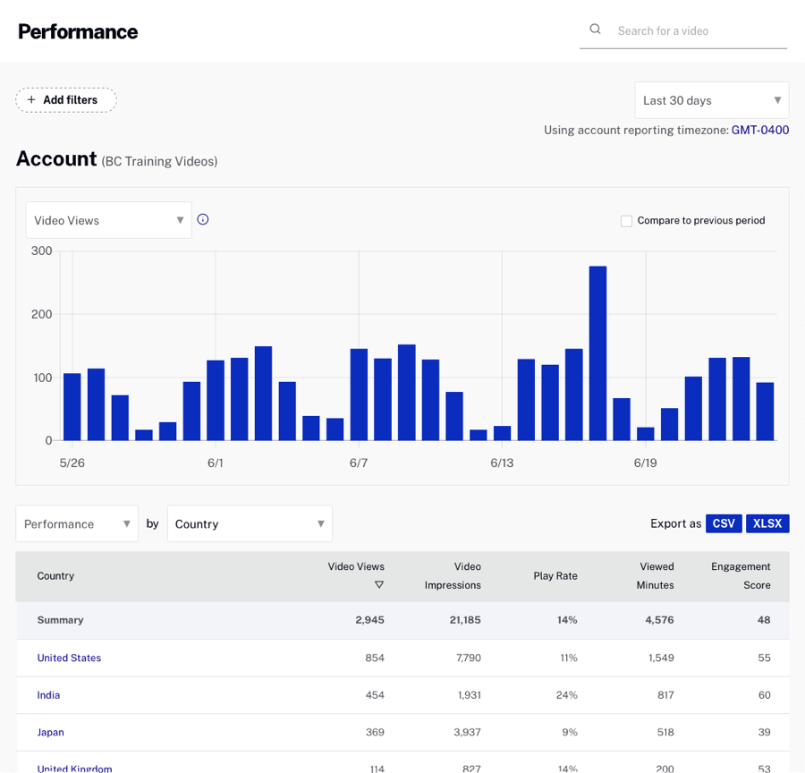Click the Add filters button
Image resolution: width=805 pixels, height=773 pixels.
click(66, 100)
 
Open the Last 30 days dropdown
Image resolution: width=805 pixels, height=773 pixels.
click(711, 100)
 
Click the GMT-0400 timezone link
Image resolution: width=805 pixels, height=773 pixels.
click(759, 130)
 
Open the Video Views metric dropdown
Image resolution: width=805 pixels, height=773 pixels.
click(108, 220)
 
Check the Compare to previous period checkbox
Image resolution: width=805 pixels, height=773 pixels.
click(626, 221)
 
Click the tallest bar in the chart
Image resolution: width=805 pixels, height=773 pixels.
click(597, 353)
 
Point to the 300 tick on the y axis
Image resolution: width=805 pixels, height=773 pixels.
click(41, 251)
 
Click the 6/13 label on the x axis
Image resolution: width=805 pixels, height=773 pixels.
click(502, 463)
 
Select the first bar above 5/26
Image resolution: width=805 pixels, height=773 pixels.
click(72, 407)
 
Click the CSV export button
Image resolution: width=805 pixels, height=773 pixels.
click(724, 523)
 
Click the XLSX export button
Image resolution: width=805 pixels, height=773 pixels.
click(767, 523)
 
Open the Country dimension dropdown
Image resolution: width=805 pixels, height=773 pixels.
click(250, 523)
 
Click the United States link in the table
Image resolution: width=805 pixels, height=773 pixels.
click(69, 658)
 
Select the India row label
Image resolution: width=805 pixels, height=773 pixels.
click(48, 695)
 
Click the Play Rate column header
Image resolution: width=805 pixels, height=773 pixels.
click(555, 576)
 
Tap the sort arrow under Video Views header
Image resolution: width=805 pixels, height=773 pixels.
click(378, 585)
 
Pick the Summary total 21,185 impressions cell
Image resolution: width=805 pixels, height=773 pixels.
click(465, 620)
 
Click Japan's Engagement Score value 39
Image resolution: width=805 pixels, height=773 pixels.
click(763, 732)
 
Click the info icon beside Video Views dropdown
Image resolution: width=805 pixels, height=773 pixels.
click(203, 219)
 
